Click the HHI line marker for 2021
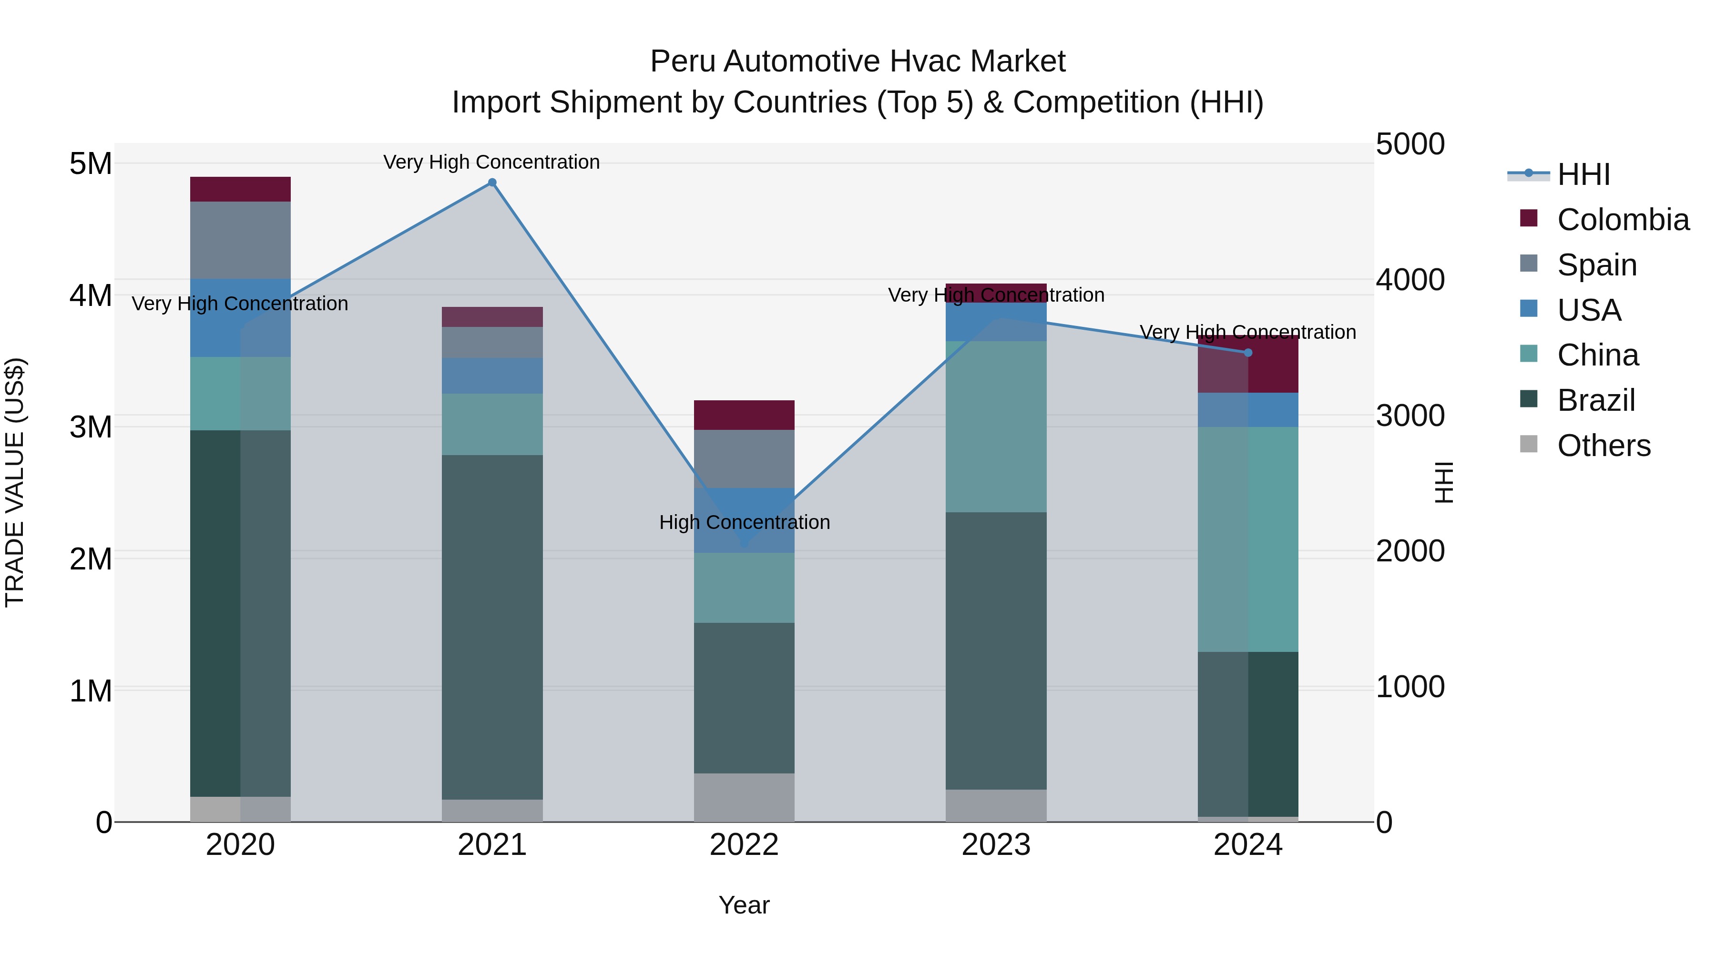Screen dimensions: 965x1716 pos(491,183)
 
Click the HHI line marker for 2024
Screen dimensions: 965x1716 pos(1248,353)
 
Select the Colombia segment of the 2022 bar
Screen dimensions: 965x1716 pos(744,415)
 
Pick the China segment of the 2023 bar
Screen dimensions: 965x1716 pos(996,426)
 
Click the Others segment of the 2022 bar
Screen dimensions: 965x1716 pos(744,797)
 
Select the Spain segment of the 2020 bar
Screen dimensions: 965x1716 pos(241,240)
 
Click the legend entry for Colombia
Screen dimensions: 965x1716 pos(1622,220)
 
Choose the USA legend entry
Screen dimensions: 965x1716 pos(1589,310)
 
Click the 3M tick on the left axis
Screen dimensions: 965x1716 pos(91,427)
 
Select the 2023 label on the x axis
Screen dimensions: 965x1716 pos(996,845)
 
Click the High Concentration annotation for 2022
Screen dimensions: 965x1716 pos(744,522)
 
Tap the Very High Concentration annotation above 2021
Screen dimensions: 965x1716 pos(491,162)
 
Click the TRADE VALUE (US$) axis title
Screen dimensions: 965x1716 pos(15,482)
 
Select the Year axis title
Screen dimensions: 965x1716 pos(744,905)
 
